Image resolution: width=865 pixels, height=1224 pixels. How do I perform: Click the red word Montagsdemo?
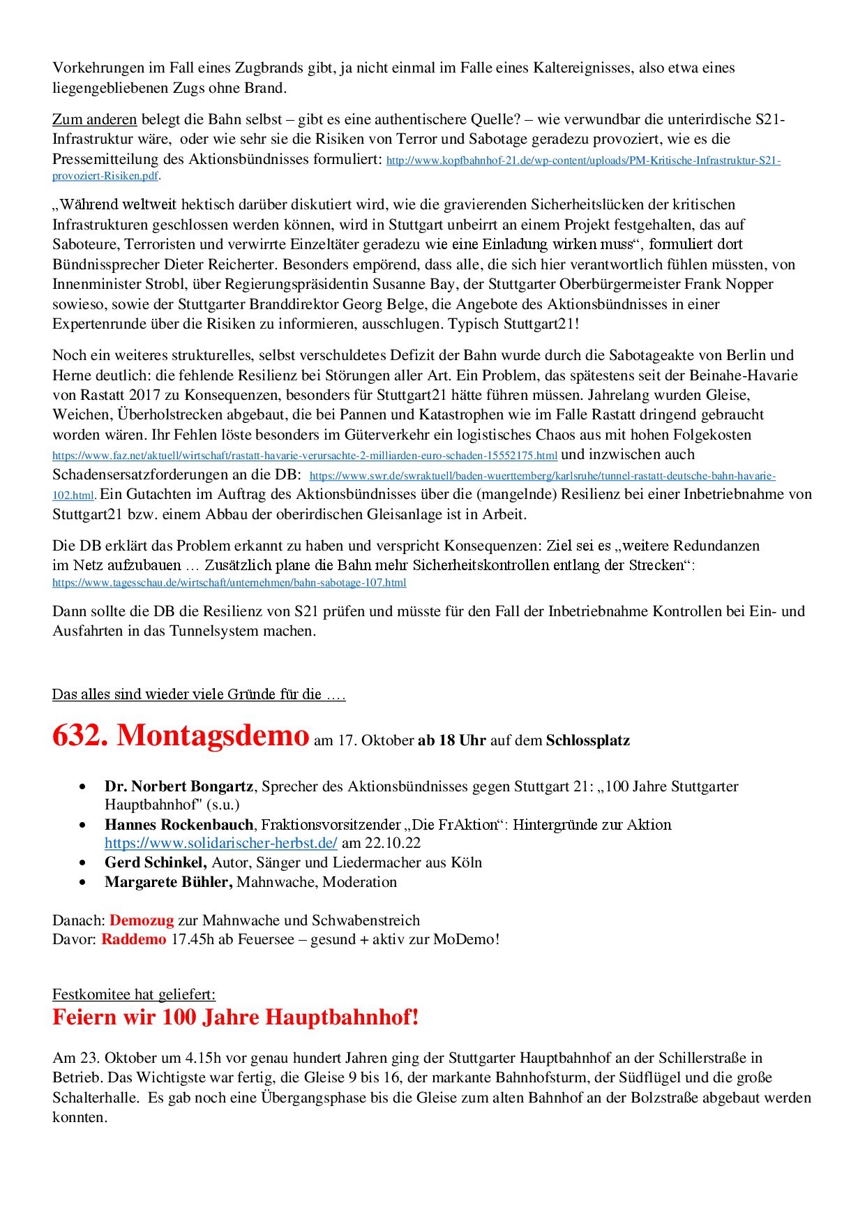click(213, 736)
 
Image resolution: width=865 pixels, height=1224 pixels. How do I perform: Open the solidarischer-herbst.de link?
click(221, 843)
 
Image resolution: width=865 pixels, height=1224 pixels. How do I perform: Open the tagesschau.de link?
click(229, 583)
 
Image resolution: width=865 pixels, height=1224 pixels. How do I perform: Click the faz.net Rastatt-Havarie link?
click(305, 456)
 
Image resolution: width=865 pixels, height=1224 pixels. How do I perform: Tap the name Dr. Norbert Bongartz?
click(179, 786)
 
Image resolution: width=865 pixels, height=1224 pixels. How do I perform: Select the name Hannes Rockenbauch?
click(179, 825)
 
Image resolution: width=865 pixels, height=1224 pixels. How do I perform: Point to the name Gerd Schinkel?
click(156, 863)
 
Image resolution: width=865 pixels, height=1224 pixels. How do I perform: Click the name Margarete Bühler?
click(168, 882)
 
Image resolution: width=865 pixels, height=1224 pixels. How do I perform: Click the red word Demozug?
click(142, 920)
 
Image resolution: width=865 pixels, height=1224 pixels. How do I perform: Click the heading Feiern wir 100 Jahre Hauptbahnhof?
click(236, 1017)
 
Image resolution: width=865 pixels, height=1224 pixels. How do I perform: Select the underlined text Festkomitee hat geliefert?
click(134, 994)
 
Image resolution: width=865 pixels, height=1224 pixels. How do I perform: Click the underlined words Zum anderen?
click(95, 119)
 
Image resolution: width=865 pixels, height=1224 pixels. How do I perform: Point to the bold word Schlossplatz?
click(588, 740)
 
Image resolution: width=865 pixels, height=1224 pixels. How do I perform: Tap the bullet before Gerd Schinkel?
click(83, 863)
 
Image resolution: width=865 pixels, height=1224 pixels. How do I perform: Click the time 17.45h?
click(193, 939)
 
